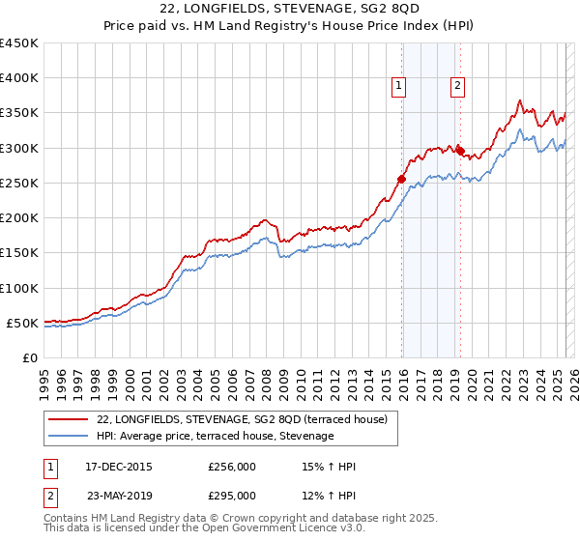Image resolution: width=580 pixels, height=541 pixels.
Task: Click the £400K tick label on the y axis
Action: pos(19,78)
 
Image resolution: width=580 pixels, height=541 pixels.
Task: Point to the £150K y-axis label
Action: pos(19,253)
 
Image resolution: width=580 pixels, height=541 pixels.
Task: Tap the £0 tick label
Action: pos(29,357)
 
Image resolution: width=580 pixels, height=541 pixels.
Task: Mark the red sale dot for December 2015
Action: pos(401,179)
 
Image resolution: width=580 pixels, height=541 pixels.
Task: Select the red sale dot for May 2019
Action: pos(460,152)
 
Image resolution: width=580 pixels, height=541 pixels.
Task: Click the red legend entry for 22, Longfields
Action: pos(242,419)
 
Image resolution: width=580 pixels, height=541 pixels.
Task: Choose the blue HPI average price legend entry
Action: pos(215,437)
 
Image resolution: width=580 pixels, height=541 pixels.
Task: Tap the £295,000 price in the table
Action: pos(232,496)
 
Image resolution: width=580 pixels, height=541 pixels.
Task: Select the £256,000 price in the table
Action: pos(232,468)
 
